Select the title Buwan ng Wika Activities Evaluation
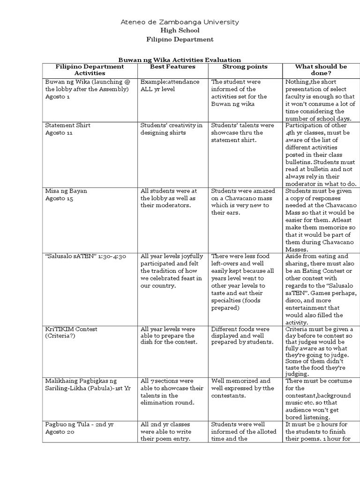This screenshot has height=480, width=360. [180, 60]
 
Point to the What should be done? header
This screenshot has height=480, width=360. [321, 70]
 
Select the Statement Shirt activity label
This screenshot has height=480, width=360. [68, 125]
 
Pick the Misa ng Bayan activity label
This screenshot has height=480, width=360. [66, 191]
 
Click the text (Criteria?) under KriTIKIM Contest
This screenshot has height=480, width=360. [61, 337]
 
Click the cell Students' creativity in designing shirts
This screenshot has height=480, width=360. [172, 129]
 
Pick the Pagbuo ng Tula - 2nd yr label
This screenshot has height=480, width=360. [79, 424]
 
